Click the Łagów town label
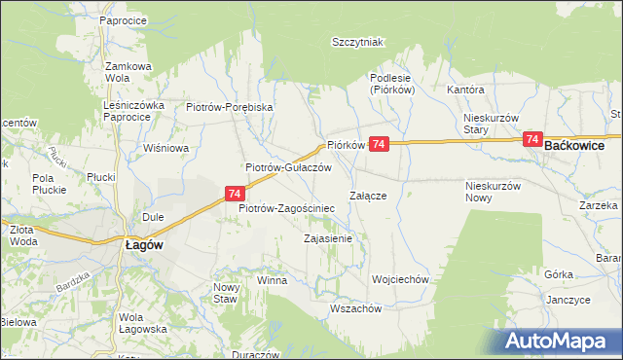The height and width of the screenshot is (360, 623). (141, 246)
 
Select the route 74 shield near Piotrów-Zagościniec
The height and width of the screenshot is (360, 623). (235, 194)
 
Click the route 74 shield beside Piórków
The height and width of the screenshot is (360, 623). (380, 143)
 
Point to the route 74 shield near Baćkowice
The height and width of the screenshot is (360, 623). (532, 139)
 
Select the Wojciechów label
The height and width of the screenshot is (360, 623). (400, 279)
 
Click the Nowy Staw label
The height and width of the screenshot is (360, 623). (225, 293)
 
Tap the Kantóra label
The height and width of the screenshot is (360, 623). (465, 90)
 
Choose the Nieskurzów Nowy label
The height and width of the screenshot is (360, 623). (495, 191)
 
